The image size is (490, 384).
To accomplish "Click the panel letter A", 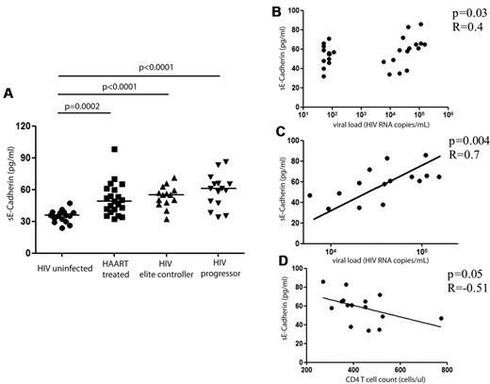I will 8,93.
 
